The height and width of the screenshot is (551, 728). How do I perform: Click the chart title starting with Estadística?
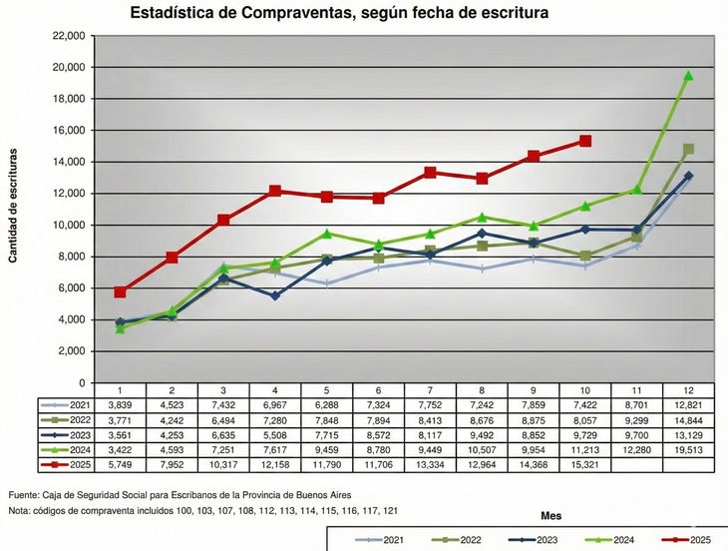coord(339,13)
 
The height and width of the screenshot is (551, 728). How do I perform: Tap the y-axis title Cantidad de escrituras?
coord(13,205)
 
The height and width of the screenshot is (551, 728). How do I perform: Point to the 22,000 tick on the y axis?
coord(68,36)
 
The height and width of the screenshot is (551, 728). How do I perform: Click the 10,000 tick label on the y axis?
coord(68,226)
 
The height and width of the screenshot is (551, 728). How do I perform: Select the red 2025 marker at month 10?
coord(585,141)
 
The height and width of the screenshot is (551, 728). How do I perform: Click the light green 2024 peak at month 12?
coord(688,76)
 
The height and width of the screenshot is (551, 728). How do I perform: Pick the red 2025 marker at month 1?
coord(120,292)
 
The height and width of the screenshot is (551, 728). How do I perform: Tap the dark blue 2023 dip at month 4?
coord(275,295)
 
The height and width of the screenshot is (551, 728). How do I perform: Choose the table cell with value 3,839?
coord(120,405)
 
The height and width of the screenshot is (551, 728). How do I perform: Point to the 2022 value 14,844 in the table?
coord(688,420)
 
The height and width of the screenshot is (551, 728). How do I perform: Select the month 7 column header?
coord(430,390)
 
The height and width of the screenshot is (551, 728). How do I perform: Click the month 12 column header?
coord(688,390)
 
